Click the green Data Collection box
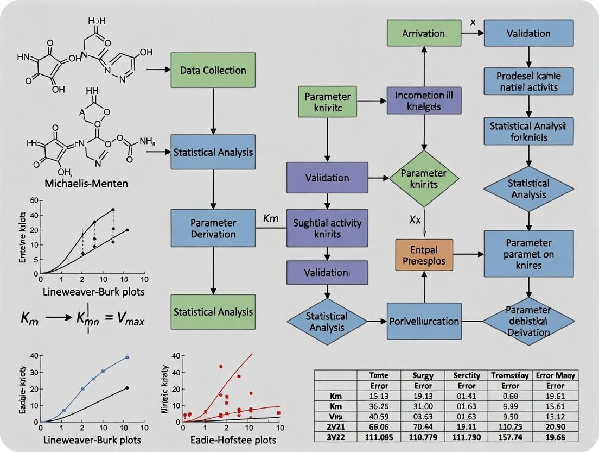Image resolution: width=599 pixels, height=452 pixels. pyautogui.click(x=213, y=70)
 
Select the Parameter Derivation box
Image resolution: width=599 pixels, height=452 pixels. pyautogui.click(x=213, y=228)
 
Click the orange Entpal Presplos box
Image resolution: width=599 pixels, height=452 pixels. pyautogui.click(x=424, y=255)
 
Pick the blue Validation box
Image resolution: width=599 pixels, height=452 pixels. pyautogui.click(x=528, y=33)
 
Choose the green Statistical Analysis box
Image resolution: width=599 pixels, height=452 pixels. pyautogui.click(x=213, y=312)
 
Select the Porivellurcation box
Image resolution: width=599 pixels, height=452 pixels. pyautogui.click(x=424, y=321)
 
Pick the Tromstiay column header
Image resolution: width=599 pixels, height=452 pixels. pyautogui.click(x=509, y=375)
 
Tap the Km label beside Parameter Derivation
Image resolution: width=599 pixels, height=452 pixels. pyautogui.click(x=270, y=218)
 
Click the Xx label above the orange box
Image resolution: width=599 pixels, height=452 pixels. pyautogui.click(x=416, y=220)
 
